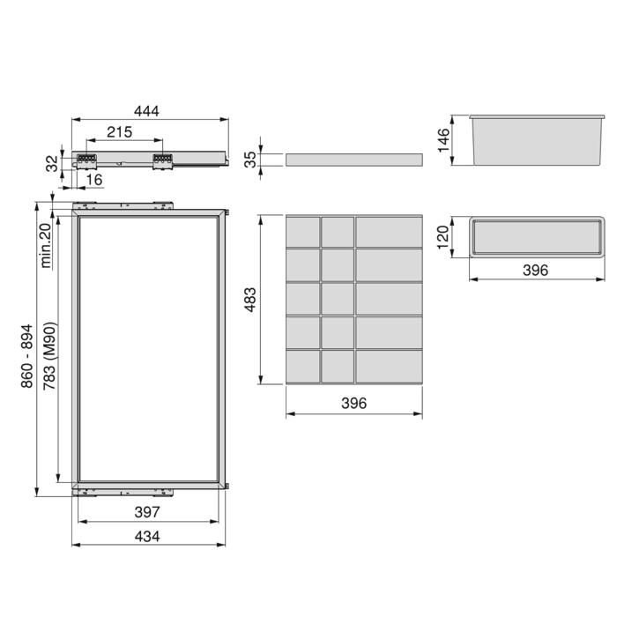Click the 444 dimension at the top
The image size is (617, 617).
pos(146,110)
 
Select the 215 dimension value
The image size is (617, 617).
pos(119,132)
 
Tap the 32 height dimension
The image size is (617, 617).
pos(52,162)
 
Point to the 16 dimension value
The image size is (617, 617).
pos(94,180)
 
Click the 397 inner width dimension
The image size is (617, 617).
pos(146,512)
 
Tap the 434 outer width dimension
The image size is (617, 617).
pos(146,537)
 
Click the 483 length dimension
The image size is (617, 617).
pos(249,300)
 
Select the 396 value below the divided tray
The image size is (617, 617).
pos(353,403)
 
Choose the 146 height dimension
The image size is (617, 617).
pos(443,138)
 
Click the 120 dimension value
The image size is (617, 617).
pos(443,236)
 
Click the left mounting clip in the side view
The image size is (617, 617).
pos(86,161)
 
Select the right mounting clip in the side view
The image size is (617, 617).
pos(162,161)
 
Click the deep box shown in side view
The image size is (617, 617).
pos(537,140)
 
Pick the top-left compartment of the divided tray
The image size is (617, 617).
pos(303,231)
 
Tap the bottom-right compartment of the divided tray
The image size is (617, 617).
pos(389,366)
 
